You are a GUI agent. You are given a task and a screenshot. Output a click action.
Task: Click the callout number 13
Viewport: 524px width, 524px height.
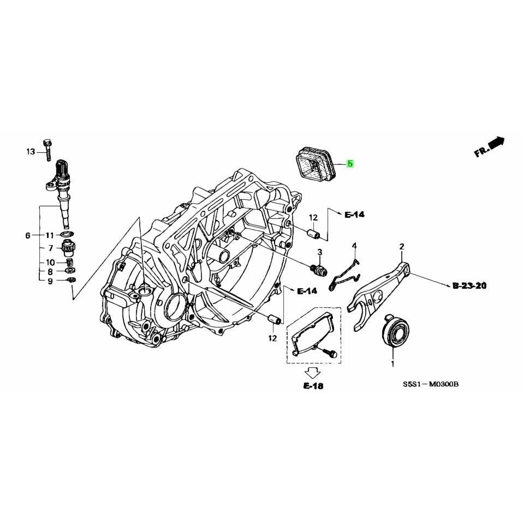[30, 151]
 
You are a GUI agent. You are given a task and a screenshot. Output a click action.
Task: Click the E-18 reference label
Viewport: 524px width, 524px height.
[313, 386]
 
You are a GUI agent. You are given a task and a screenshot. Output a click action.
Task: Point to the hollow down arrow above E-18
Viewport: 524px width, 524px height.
[313, 372]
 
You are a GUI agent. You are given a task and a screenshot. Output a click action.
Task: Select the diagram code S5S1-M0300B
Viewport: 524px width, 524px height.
[431, 384]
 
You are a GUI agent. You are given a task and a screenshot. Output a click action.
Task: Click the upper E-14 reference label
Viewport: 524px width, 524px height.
[354, 215]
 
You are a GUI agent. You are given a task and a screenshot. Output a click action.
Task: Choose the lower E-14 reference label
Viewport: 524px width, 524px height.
[307, 291]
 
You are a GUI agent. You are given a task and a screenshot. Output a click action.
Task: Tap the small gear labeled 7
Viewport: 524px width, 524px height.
[69, 249]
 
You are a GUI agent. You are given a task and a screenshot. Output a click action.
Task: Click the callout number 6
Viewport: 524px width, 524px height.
[27, 236]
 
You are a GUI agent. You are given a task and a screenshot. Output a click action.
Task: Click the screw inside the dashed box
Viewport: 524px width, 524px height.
[329, 353]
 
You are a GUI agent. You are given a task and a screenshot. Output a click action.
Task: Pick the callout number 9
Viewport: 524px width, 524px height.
[50, 281]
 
